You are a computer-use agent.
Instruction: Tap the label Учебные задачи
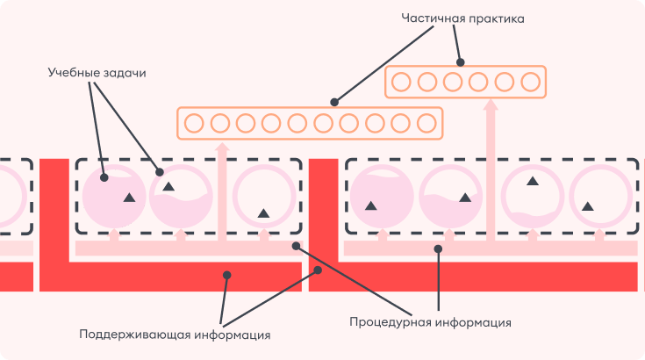[96, 73]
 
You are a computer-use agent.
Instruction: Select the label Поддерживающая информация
[175, 334]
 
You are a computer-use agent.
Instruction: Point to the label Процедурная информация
[430, 321]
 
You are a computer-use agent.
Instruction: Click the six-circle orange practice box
[465, 83]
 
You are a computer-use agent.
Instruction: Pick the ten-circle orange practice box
[309, 123]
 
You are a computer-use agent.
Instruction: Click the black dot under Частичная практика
[461, 62]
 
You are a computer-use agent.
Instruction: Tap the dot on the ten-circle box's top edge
[333, 102]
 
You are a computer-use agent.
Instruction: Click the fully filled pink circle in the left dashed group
[110, 195]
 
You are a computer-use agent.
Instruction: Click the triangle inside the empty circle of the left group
[263, 212]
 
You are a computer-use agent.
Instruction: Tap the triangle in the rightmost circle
[588, 206]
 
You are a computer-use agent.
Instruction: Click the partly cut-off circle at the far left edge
[9, 195]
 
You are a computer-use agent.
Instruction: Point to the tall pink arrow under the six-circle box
[491, 167]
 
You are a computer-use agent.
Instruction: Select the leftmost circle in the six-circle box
[400, 83]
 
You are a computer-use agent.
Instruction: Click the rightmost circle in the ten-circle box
[426, 123]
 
